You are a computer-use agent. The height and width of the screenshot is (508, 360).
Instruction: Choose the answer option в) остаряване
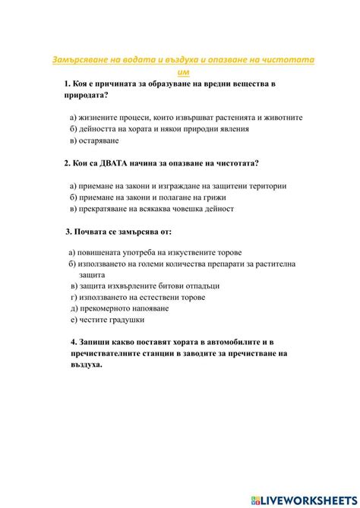(94, 140)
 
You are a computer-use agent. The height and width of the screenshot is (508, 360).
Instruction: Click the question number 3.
(69, 231)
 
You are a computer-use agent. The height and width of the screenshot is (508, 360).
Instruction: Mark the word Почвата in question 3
(95, 231)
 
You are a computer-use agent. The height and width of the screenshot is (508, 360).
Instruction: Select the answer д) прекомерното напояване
(119, 308)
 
